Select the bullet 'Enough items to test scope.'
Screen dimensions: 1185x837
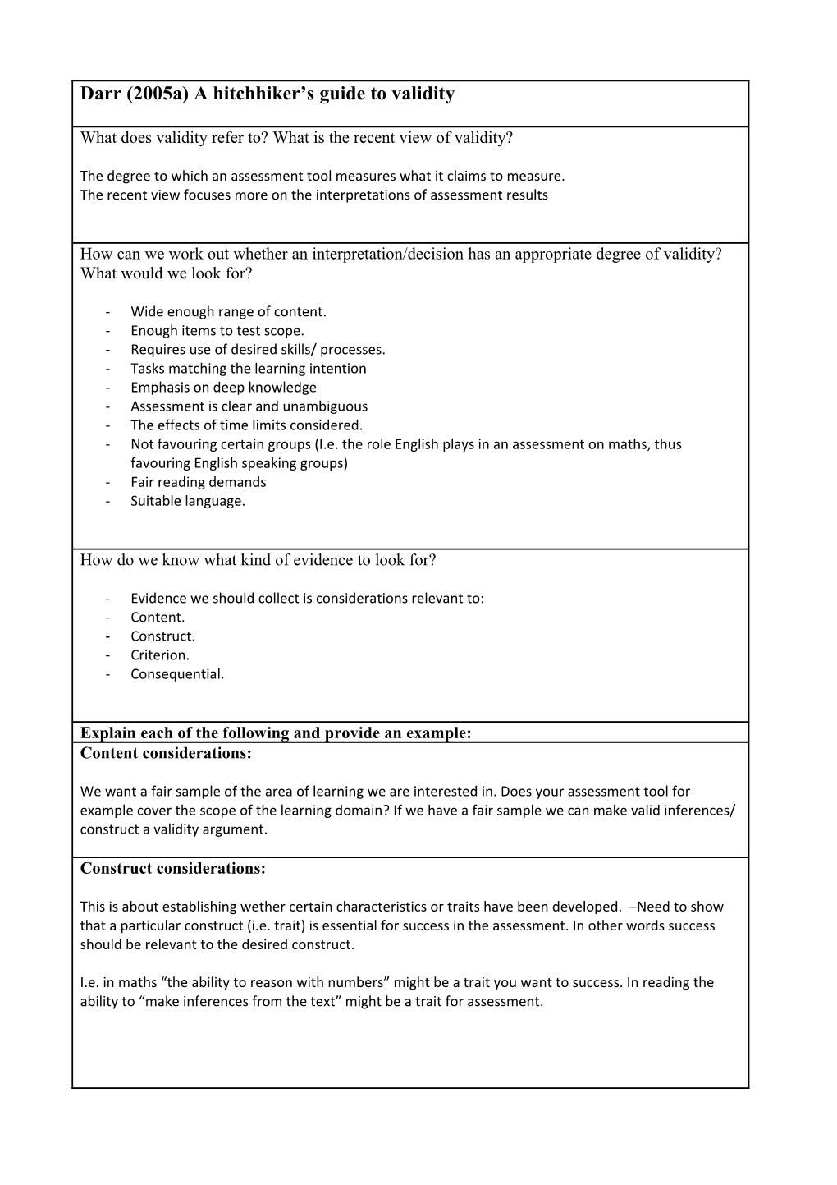coord(217,330)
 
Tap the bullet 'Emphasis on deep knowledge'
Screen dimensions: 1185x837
coord(223,387)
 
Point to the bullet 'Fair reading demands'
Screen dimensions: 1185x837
coord(198,481)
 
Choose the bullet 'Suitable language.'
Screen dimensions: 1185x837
coord(187,500)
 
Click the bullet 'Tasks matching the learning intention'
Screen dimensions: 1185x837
coord(248,368)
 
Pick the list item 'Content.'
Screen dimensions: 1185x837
coord(158,617)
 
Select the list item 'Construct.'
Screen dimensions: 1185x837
coord(162,636)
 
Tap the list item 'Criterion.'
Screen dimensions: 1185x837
coord(159,655)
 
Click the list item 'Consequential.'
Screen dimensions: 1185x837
coord(176,673)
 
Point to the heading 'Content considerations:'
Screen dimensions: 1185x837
coord(166,753)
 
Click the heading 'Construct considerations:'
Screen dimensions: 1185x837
coord(172,868)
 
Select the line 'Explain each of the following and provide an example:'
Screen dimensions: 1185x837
coord(276,733)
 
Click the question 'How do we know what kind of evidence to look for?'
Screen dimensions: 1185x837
coord(258,560)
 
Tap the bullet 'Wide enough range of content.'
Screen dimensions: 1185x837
coord(228,311)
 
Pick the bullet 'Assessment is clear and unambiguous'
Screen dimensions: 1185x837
coord(249,406)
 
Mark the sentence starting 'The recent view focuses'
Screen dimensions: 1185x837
coord(313,195)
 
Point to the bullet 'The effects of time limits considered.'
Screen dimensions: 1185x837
coord(246,425)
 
